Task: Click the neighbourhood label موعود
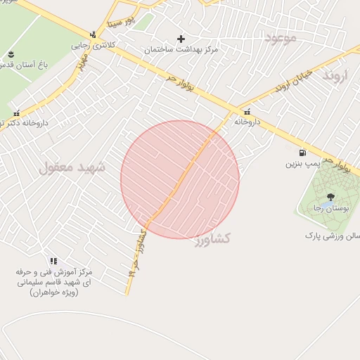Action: [281, 37]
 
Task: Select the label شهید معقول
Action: [72, 167]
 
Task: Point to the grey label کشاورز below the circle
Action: [222, 239]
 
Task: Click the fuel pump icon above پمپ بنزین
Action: [302, 152]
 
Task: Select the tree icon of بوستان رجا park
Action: [330, 198]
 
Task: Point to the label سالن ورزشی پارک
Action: [332, 236]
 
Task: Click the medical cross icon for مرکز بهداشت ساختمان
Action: [181, 39]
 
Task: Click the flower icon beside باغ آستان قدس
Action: [11, 54]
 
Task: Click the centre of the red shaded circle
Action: [180, 179]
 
